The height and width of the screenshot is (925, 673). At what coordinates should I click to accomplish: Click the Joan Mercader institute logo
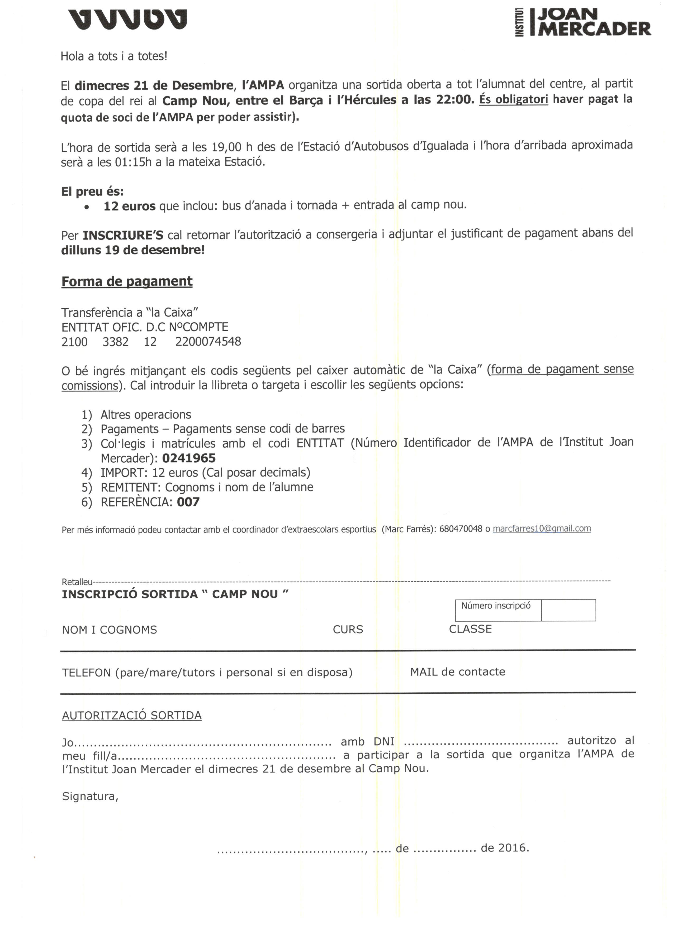[x=583, y=22]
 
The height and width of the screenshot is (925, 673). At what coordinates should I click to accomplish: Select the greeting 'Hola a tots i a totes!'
[x=114, y=56]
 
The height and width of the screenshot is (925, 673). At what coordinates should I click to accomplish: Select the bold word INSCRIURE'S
[x=123, y=235]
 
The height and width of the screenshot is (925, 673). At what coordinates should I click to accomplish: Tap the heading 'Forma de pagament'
[x=127, y=281]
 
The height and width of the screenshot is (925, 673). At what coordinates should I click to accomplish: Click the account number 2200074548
[x=208, y=341]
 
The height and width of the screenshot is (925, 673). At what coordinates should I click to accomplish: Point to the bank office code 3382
[x=116, y=341]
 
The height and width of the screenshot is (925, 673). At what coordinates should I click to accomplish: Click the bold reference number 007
[x=188, y=502]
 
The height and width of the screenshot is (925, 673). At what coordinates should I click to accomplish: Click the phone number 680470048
[x=461, y=529]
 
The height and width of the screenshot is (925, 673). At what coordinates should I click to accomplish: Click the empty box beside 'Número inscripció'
[x=568, y=610]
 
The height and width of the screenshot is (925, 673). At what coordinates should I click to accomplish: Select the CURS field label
[x=348, y=629]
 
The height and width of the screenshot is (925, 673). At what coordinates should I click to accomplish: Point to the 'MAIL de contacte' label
[x=458, y=672]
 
